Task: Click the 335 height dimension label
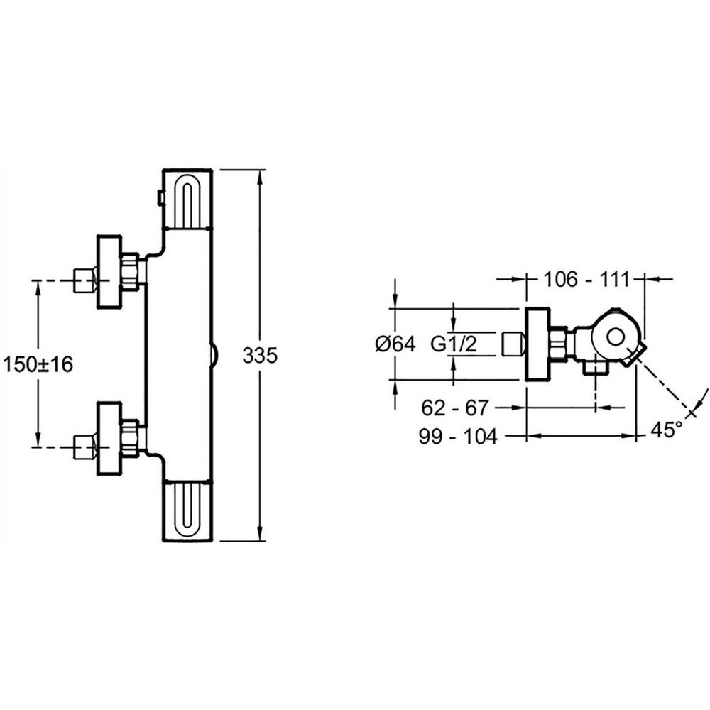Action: click(x=259, y=356)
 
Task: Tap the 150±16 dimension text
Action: click(x=38, y=364)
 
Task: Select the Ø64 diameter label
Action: click(x=395, y=344)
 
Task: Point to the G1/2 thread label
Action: click(x=454, y=344)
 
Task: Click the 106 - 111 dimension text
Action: click(x=586, y=279)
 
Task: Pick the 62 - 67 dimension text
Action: click(x=455, y=408)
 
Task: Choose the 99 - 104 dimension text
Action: click(x=458, y=437)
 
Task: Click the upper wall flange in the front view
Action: click(x=109, y=272)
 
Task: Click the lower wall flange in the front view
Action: click(x=109, y=438)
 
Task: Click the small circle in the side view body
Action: click(x=616, y=338)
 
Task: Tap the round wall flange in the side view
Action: click(x=538, y=344)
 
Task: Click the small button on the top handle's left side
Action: click(x=160, y=198)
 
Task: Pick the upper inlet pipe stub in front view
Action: click(x=85, y=280)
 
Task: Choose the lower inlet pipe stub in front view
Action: click(x=85, y=447)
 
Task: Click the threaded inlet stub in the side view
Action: click(x=514, y=344)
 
